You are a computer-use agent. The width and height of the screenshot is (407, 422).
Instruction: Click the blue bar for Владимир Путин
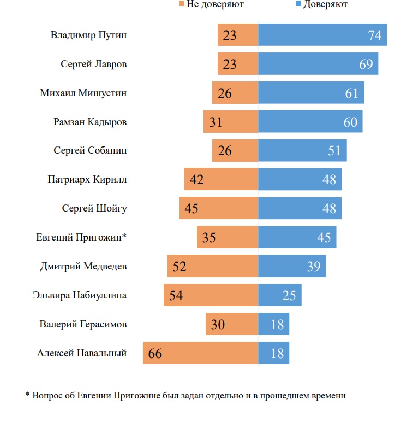coord(322,35)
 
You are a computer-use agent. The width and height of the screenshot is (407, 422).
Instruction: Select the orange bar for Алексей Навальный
coord(200,353)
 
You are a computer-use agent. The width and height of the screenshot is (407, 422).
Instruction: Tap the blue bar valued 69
coord(318,64)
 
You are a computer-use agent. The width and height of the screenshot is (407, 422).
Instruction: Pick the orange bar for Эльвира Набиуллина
coord(211,295)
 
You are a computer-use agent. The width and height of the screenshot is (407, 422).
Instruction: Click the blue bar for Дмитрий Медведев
coord(292,266)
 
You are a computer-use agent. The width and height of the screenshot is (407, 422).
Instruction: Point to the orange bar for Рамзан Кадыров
coord(230,122)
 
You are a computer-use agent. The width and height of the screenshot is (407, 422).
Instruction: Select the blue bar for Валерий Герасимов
coord(273,324)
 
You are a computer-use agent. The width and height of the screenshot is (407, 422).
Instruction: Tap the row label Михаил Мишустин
coord(83,93)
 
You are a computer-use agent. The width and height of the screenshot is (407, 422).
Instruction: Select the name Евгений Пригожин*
coord(81,237)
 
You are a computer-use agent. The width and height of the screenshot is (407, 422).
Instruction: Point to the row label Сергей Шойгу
coord(95,208)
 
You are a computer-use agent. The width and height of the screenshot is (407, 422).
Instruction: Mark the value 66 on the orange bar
coord(155,354)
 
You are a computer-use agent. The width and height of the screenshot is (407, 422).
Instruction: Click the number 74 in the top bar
coord(374,36)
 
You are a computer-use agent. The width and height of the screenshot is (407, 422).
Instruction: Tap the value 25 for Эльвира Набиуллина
coord(289,296)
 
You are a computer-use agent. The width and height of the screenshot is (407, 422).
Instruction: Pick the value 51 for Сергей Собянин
coord(334,151)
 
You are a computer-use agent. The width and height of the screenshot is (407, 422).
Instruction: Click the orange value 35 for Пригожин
coord(209,238)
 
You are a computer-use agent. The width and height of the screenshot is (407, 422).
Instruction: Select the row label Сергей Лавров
coord(94,64)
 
